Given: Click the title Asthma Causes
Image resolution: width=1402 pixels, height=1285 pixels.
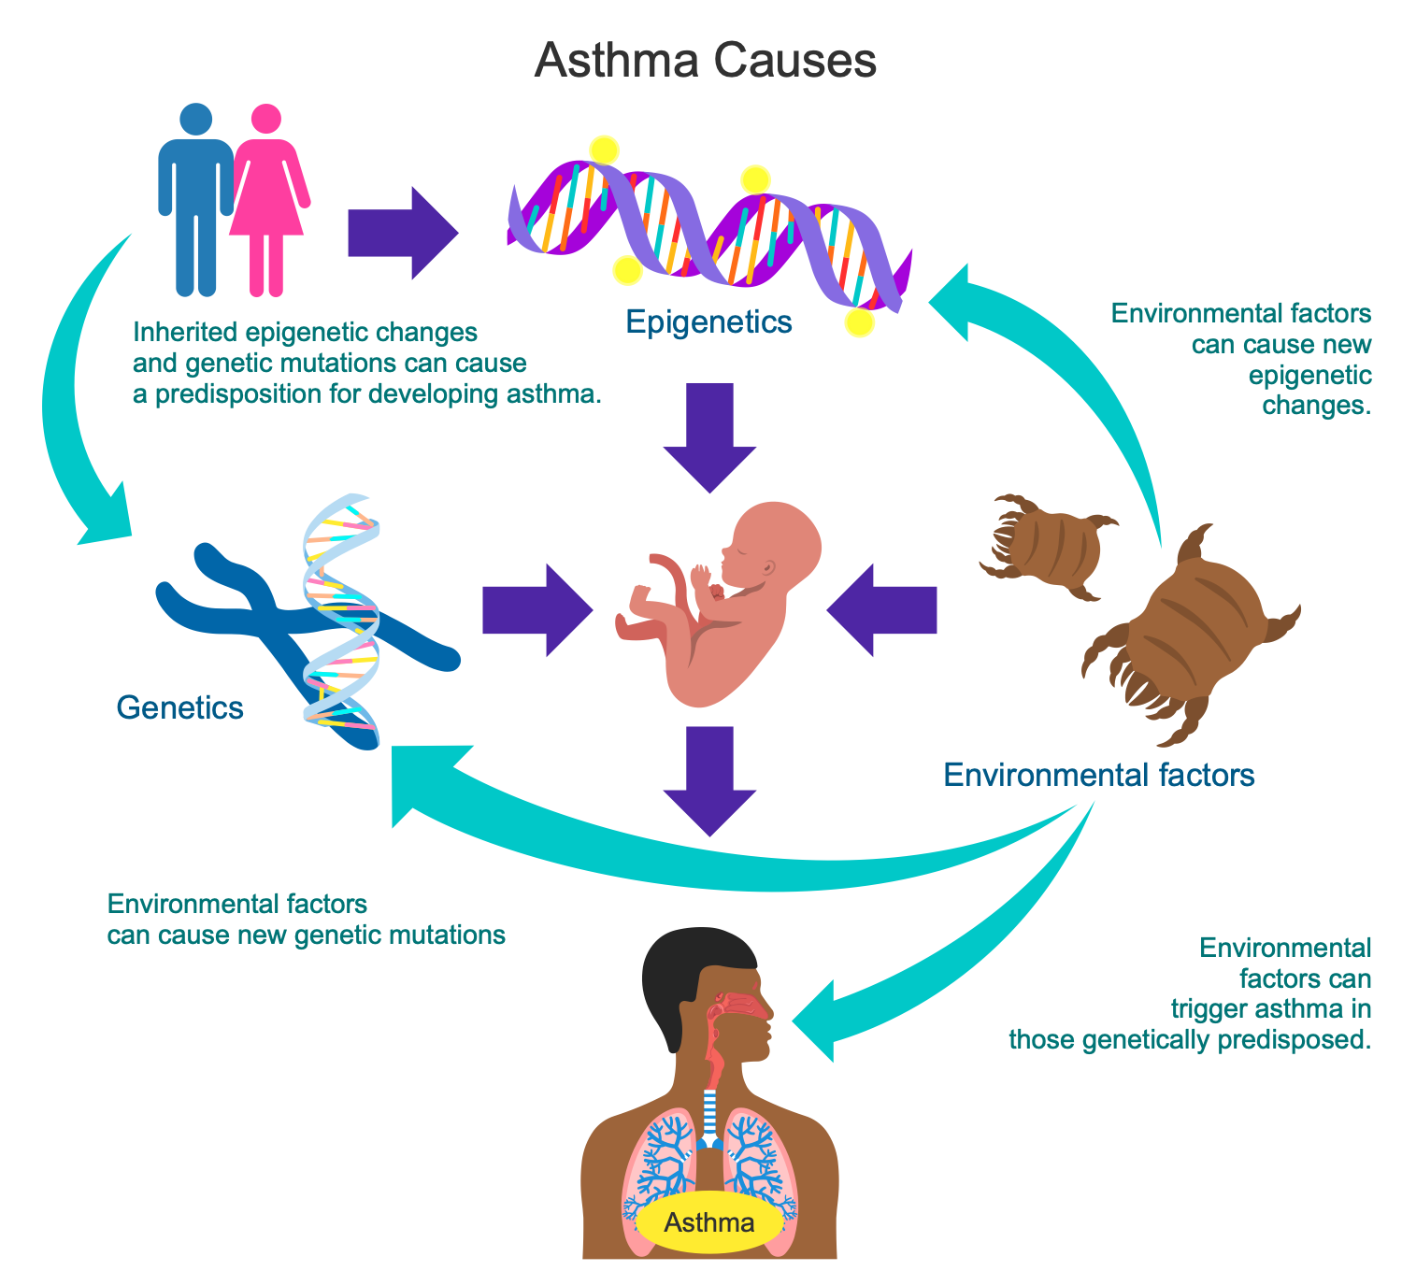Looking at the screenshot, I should [706, 63].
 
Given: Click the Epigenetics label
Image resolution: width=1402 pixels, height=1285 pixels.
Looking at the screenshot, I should [708, 322].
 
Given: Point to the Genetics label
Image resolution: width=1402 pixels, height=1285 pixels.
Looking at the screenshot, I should [179, 708].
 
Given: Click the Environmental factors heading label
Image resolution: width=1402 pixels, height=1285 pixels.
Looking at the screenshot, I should [1098, 775].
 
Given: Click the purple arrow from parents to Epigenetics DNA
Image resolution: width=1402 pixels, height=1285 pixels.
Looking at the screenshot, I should [402, 233].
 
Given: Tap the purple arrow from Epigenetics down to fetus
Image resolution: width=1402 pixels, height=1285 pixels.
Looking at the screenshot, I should [709, 435].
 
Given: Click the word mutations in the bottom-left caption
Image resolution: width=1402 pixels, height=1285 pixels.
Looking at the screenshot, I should [447, 935].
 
